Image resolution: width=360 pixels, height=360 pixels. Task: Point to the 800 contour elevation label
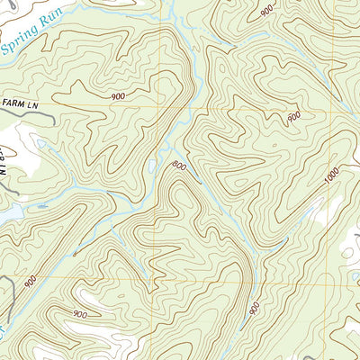click(178, 166)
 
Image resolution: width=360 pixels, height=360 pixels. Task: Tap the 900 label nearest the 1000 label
click(293, 117)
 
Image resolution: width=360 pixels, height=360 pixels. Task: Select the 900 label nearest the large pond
click(32, 281)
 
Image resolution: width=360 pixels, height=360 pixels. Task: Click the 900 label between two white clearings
click(79, 314)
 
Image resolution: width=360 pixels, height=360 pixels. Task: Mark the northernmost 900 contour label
click(267, 11)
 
